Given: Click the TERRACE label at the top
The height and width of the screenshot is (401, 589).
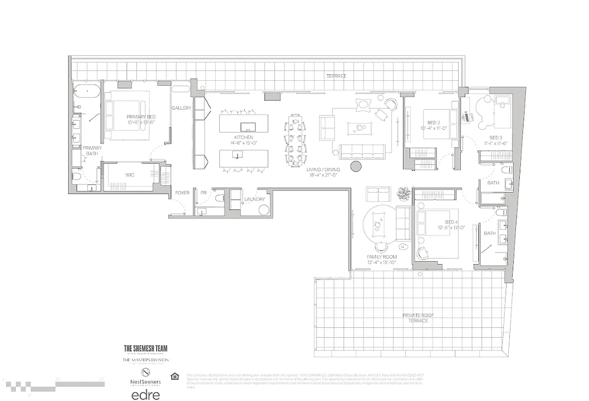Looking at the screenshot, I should (336, 76).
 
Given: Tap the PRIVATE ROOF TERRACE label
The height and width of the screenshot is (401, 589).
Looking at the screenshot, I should (418, 318).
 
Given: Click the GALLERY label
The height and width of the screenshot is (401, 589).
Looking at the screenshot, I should (181, 108).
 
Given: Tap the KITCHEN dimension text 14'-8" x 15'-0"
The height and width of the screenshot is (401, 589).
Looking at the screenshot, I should (243, 143).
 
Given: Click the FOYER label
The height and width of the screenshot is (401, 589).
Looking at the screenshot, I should (182, 192).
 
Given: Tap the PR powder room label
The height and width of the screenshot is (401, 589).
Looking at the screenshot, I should (203, 192).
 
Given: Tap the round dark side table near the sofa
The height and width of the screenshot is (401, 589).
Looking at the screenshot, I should (355, 167).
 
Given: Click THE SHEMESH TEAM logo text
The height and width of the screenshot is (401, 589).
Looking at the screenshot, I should (146, 348).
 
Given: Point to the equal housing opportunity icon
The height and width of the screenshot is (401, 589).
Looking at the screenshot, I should (174, 376).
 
